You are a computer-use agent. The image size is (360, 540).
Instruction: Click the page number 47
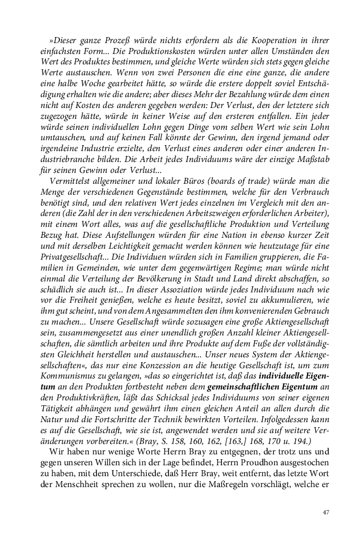[x=326, y=512]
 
